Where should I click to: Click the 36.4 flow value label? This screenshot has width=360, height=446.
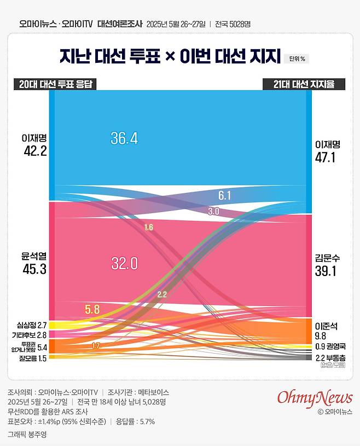(124, 138)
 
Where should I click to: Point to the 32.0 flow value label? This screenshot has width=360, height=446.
(124, 264)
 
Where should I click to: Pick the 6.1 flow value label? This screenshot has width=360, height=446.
(225, 196)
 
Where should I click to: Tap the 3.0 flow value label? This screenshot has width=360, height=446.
(214, 210)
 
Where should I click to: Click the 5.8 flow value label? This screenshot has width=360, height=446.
(92, 309)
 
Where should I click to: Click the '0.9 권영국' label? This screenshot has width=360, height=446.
(330, 347)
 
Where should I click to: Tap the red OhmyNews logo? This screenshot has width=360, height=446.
(315, 397)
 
